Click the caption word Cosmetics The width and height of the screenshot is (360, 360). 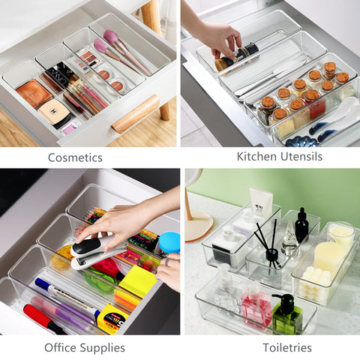tap(75, 157)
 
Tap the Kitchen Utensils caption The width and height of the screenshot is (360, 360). tap(279, 157)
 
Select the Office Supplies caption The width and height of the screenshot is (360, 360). tap(85, 347)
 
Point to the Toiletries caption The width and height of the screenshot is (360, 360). tap(286, 347)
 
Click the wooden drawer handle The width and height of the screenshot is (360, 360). tap(136, 112)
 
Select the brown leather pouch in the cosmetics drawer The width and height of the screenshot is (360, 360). tap(34, 93)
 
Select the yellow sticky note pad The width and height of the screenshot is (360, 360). tap(137, 282)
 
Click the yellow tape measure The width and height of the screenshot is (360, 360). tap(110, 319)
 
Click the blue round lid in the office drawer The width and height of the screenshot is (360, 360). tap(169, 242)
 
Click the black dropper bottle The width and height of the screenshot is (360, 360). tap(301, 225)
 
